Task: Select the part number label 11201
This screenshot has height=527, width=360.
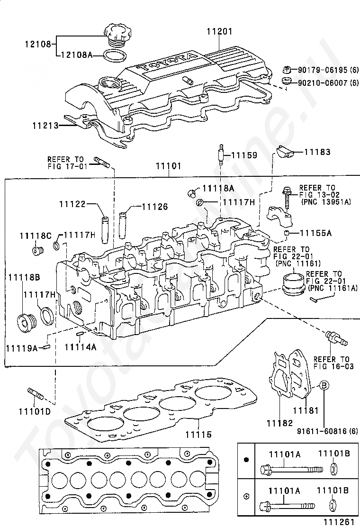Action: (x=219, y=32)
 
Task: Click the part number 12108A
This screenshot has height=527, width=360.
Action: (x=77, y=55)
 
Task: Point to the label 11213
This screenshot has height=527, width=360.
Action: (x=45, y=126)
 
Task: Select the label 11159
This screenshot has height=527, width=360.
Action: (x=244, y=155)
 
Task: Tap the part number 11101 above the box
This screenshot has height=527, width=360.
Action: (x=169, y=166)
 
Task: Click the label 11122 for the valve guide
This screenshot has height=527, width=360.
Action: (x=72, y=204)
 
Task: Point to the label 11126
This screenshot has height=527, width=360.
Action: (x=154, y=207)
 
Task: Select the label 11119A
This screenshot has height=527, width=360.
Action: (x=21, y=348)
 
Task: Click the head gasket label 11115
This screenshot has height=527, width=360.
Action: (x=198, y=435)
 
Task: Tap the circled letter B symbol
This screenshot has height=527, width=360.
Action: (x=323, y=385)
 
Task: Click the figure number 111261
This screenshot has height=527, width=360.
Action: (x=339, y=522)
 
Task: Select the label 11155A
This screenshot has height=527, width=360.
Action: (x=315, y=233)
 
